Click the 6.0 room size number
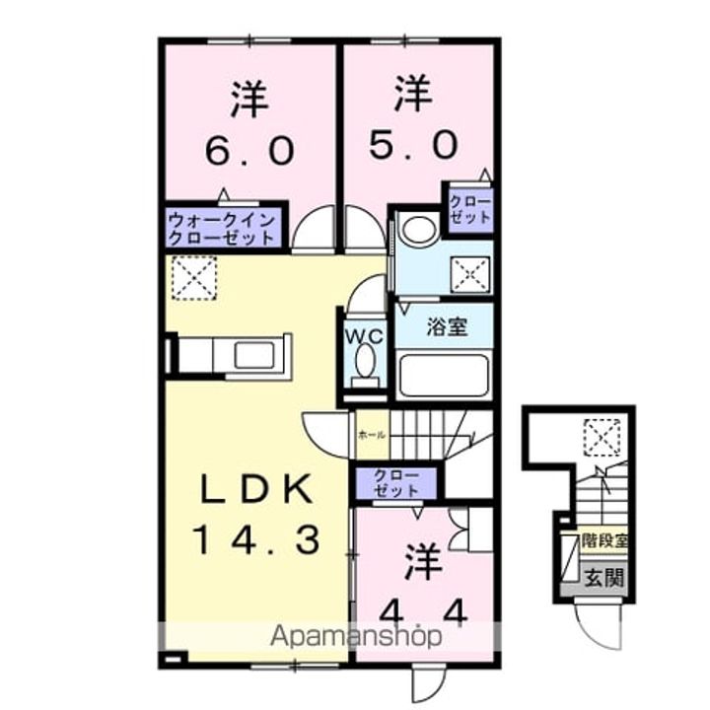pyautogui.click(x=249, y=150)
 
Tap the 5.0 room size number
pyautogui.click(x=413, y=146)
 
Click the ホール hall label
pyautogui.click(x=372, y=435)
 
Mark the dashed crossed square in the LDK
pyautogui.click(x=194, y=277)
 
